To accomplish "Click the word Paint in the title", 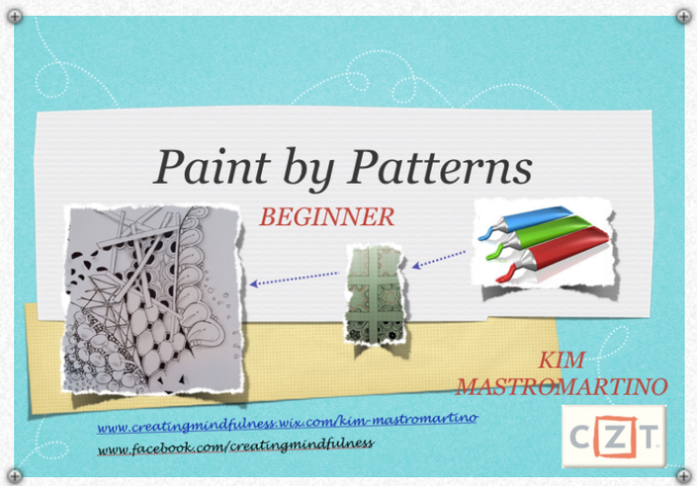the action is [212, 167].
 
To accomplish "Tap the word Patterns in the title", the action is [440, 167].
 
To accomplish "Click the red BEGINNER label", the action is [326, 216].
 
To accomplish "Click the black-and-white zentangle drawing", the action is [153, 299].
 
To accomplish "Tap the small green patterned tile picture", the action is [376, 294].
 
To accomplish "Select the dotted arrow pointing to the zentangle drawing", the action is [295, 279].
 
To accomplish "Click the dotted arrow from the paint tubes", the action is [439, 260].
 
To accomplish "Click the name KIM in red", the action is [562, 360].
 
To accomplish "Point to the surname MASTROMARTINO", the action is [562, 386].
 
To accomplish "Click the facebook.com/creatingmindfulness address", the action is [235, 445].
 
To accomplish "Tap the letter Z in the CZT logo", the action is [614, 437].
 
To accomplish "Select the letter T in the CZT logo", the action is [649, 438].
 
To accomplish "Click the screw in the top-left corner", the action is [15, 17].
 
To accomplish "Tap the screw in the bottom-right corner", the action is [683, 476].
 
